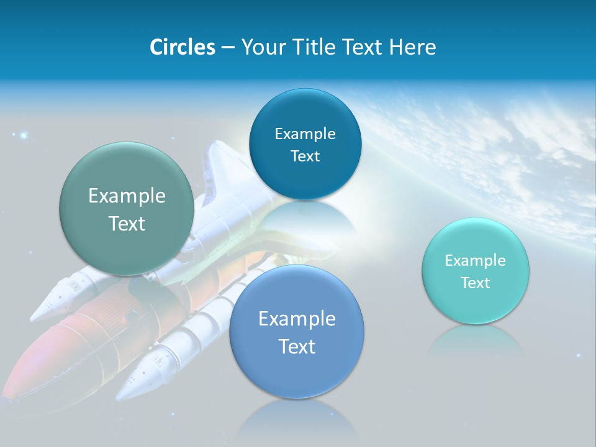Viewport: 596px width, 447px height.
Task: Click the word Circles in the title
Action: point(182,47)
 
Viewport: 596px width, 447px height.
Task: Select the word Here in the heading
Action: point(412,47)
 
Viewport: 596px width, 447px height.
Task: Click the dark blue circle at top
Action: point(305,144)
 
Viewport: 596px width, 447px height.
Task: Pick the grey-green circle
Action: point(126,209)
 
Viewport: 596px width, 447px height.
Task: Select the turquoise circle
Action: point(475,271)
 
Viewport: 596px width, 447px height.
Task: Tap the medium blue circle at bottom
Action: point(297,332)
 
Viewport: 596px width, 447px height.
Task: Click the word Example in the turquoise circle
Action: point(475,260)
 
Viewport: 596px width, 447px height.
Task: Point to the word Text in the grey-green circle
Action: point(127,223)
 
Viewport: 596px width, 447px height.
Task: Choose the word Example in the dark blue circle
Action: point(305,133)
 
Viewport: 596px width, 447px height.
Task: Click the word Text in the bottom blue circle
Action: point(297,346)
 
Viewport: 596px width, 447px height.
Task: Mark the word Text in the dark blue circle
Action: point(305,156)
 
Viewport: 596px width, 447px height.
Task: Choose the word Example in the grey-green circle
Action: point(127,196)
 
